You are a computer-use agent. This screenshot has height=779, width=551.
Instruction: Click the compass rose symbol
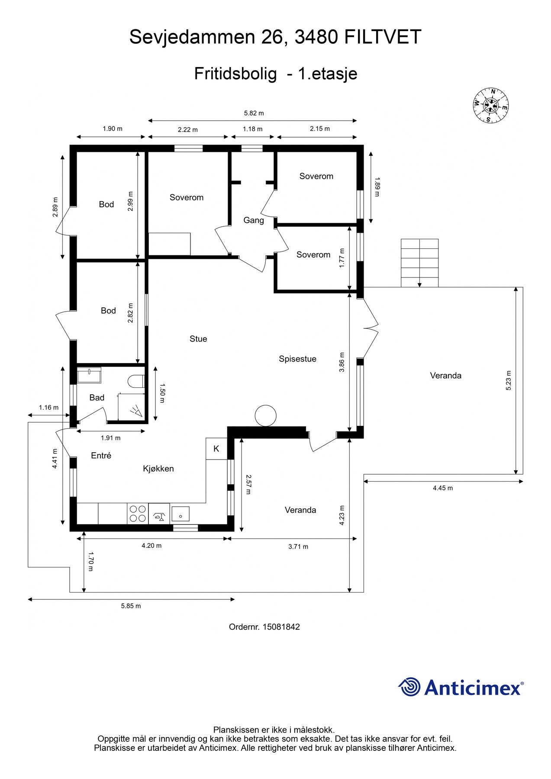pos(490,105)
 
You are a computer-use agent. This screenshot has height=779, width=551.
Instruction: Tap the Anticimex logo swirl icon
pos(409,687)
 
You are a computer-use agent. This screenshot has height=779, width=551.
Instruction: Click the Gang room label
pos(254,220)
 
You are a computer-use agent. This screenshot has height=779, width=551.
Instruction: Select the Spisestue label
pos(297,359)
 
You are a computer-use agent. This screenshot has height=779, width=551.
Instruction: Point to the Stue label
pos(198,339)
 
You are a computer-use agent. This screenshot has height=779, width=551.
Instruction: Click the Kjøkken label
pos(158,469)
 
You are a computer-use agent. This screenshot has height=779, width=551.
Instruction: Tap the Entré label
pos(101,455)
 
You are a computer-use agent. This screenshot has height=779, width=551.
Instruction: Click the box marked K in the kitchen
pos(216,449)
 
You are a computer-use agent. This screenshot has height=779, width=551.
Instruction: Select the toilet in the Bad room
pos(136,381)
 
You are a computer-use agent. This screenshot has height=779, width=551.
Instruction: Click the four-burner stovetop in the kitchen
pos(138,514)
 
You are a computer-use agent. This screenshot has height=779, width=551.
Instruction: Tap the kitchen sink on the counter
pos(180,514)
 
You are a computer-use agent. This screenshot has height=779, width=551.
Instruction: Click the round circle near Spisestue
pos(265,416)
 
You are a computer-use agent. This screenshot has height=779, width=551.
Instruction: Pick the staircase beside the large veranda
pos(419,263)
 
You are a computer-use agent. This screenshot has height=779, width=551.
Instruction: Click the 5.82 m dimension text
pos(254,113)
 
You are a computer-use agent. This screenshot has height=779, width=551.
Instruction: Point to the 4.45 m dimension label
pos(443,488)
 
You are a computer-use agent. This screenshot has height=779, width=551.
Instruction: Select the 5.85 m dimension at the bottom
pos(131,606)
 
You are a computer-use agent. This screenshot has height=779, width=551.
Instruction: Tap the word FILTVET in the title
pos(383,37)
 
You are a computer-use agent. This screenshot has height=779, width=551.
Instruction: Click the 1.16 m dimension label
pos(48,407)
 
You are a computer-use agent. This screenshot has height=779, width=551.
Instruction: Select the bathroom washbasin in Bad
pos(89,375)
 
